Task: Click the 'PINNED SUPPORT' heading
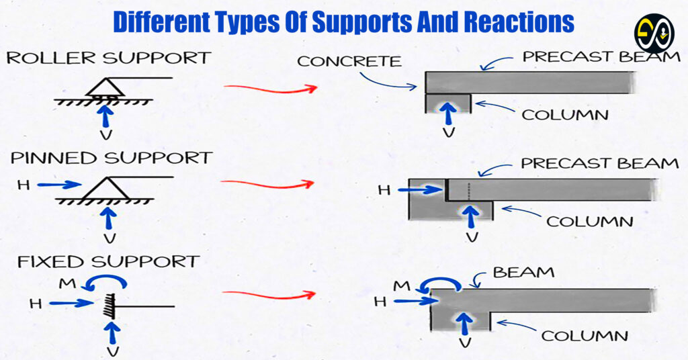[x=111, y=158]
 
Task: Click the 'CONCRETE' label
[x=349, y=62]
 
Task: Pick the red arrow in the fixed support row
[x=269, y=294]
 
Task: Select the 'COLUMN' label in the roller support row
[x=565, y=115]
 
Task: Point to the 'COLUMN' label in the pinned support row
[x=589, y=221]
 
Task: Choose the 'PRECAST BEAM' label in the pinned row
[x=600, y=163]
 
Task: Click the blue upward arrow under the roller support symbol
[x=105, y=115]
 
